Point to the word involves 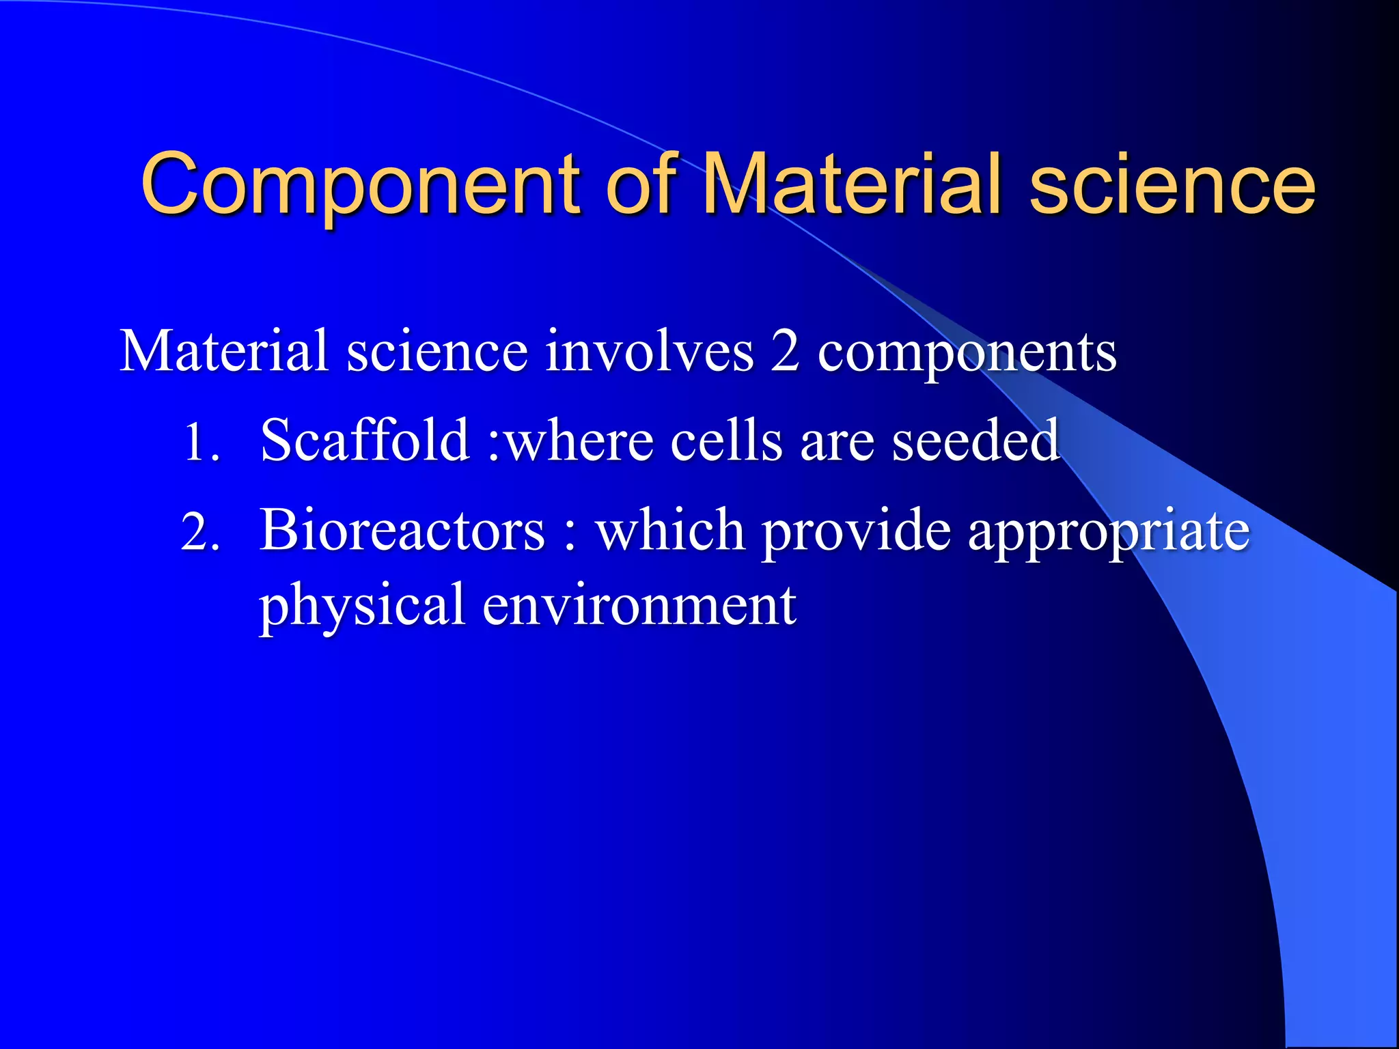(649, 352)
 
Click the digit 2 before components (785, 352)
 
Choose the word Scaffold (365, 440)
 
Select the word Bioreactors (402, 531)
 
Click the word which (670, 531)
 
